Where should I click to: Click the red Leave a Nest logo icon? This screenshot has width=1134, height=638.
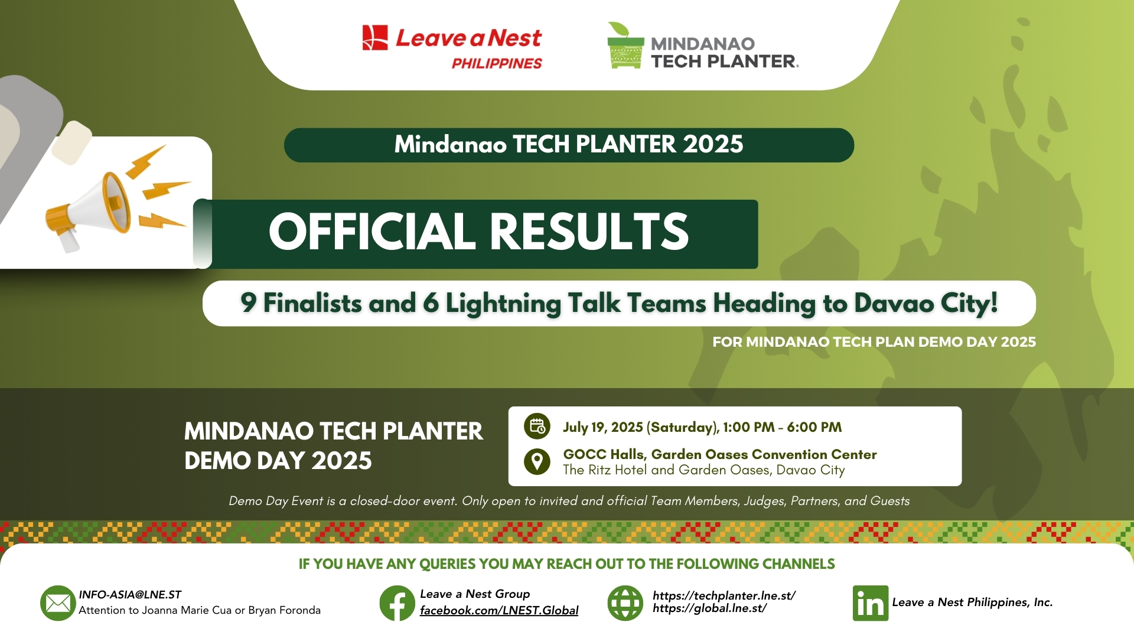[375, 38]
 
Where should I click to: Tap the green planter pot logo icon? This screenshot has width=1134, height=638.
[625, 47]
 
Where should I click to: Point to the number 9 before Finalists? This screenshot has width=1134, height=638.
[248, 303]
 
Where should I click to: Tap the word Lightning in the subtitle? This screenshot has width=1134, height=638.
[503, 304]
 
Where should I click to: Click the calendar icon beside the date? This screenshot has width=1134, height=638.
[537, 426]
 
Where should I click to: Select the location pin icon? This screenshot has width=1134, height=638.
[537, 461]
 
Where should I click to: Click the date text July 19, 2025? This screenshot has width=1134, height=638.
[602, 427]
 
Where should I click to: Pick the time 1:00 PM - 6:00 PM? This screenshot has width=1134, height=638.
[782, 427]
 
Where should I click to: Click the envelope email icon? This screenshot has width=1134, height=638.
[58, 603]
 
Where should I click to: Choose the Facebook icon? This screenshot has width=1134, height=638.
[397, 603]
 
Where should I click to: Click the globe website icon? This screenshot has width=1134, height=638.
[625, 603]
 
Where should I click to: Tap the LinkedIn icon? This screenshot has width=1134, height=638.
[870, 603]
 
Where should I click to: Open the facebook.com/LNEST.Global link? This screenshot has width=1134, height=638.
[499, 610]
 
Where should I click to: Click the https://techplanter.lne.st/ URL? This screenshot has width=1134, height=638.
[724, 595]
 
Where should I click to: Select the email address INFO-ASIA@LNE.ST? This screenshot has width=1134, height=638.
[130, 594]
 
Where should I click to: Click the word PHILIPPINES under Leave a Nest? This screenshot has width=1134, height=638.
[497, 64]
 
